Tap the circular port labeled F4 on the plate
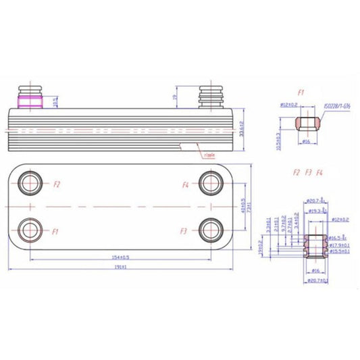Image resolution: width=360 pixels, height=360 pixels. [x=209, y=183]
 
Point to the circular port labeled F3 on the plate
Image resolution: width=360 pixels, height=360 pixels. [x=209, y=230]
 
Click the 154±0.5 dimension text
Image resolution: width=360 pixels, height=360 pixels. [x=121, y=257]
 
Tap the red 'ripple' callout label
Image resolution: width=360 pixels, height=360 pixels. [x=209, y=155]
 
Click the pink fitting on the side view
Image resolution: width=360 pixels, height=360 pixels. [x=31, y=101]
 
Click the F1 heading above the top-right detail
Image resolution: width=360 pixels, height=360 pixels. [x=301, y=91]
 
